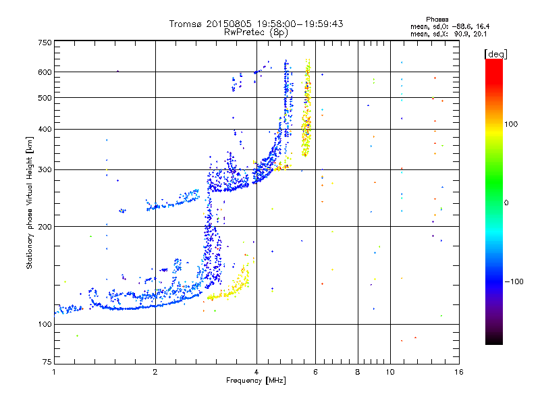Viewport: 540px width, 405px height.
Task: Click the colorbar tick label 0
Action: [x=507, y=202]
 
